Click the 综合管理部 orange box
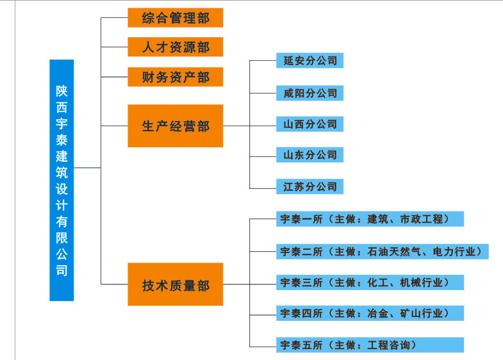point(175,17)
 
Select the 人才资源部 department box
point(175,47)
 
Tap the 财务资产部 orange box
point(175,77)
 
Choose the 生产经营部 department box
point(175,126)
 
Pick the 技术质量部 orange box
point(175,284)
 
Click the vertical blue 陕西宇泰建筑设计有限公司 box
point(62,180)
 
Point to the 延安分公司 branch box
point(309,61)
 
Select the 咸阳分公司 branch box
point(309,92)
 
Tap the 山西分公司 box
point(309,124)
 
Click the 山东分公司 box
point(309,155)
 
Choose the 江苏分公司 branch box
point(309,186)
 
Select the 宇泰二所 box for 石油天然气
point(382,251)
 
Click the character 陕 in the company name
point(62,92)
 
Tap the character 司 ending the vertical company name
point(62,270)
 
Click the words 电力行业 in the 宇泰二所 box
point(456,251)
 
